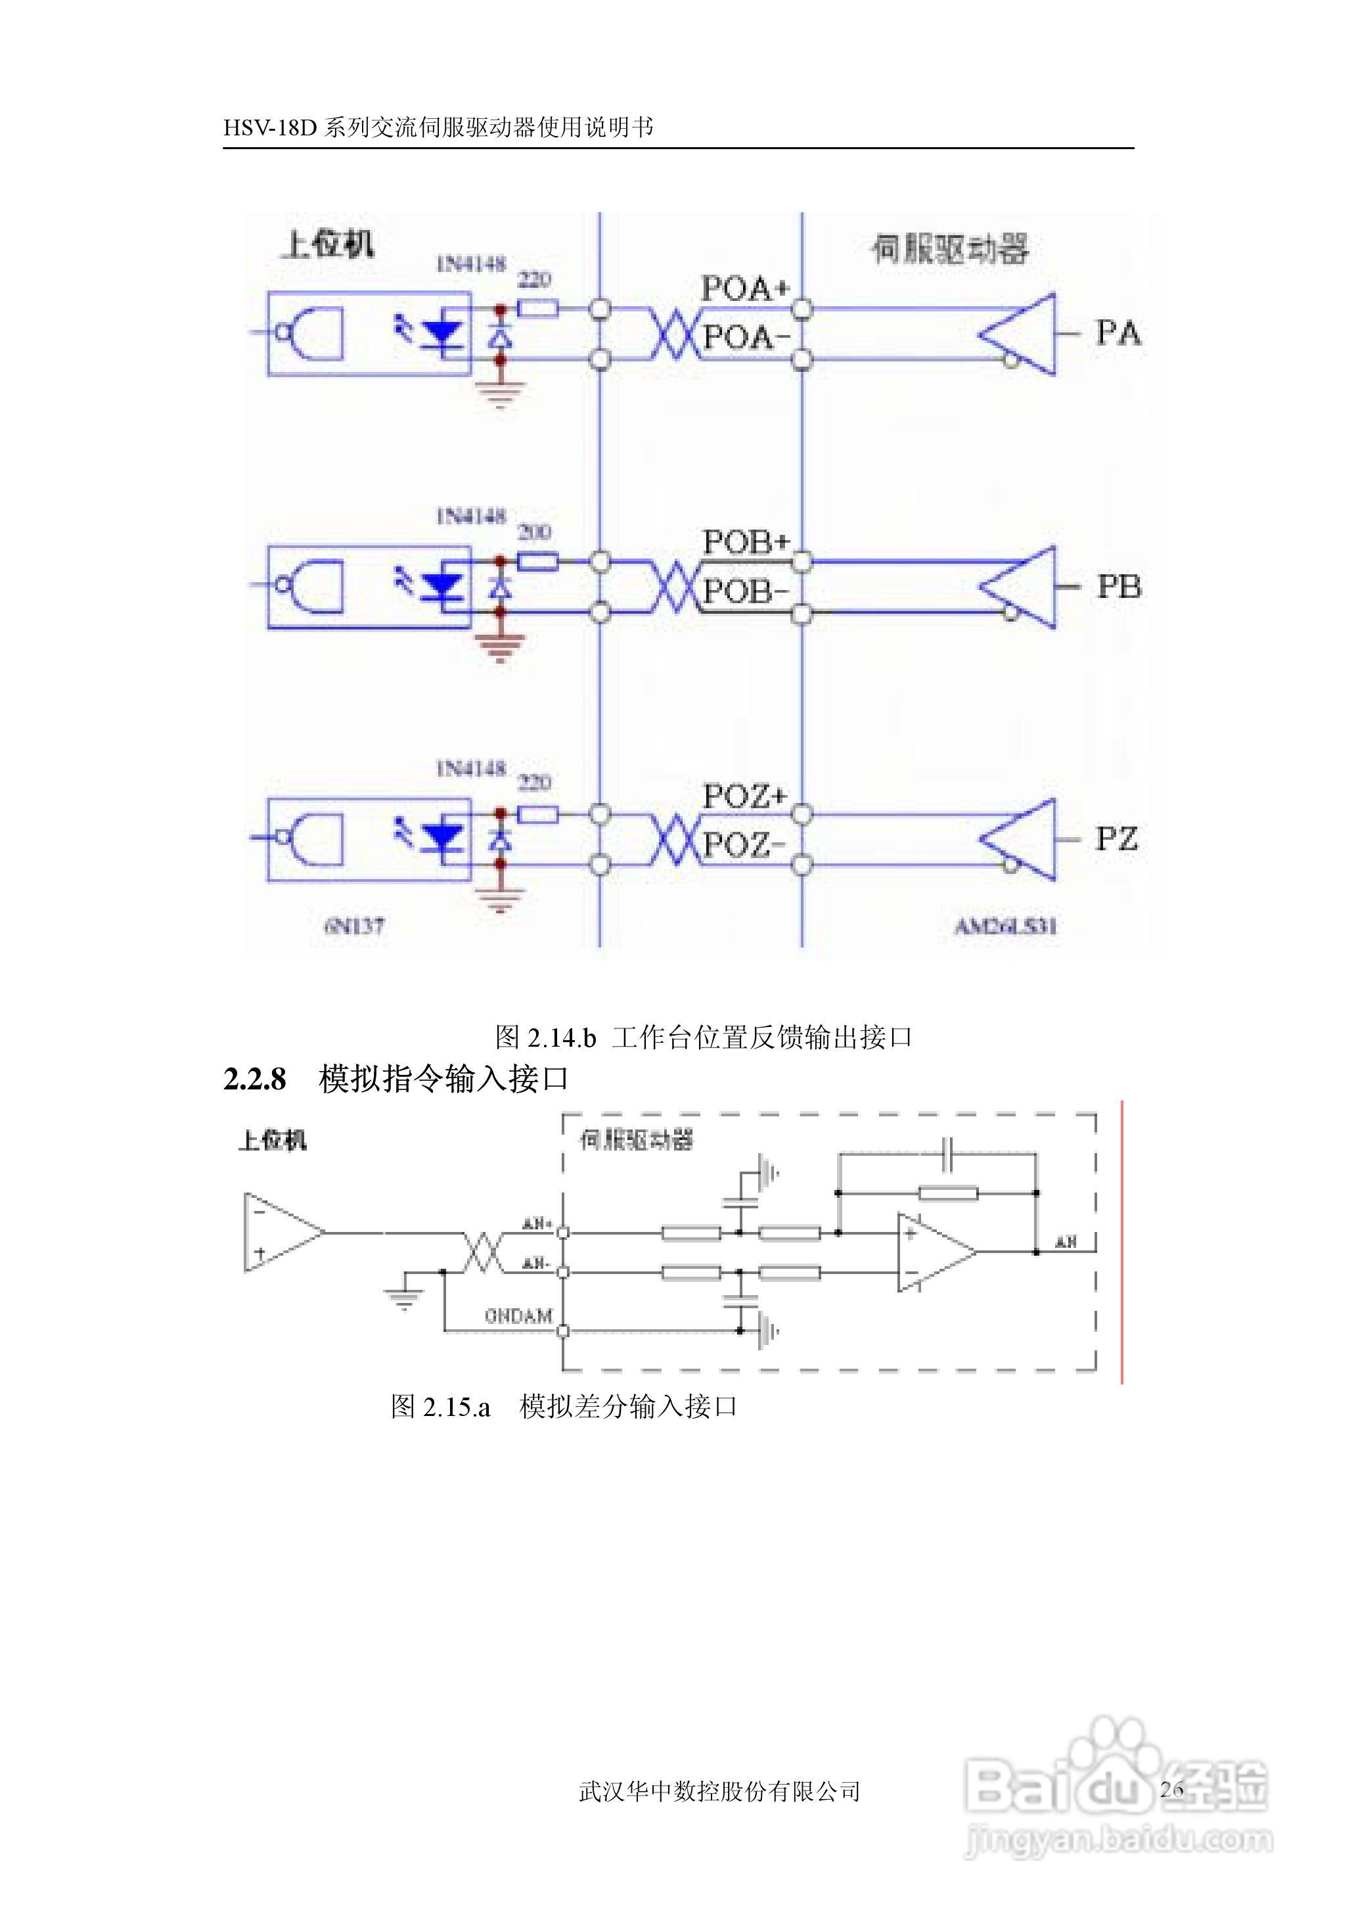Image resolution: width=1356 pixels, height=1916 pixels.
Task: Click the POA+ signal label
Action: point(745,289)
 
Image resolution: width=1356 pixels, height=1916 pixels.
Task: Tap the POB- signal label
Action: point(745,592)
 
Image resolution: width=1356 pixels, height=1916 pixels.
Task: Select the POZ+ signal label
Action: point(745,796)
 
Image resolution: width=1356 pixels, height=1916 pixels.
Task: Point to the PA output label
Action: point(1118,333)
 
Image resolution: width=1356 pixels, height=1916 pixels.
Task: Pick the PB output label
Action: point(1119,587)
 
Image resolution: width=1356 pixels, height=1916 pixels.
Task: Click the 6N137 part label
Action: point(354,926)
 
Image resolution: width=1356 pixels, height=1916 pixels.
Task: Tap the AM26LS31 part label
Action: point(1005,926)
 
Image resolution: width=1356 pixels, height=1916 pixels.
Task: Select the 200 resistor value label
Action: point(534,532)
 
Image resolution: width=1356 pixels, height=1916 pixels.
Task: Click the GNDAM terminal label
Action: point(518,1317)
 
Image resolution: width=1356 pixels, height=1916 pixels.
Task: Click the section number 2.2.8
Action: point(255,1080)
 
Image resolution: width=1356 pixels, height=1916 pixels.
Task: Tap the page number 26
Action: point(1171,1789)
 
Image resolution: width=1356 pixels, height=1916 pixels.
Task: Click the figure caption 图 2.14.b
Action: point(545,1037)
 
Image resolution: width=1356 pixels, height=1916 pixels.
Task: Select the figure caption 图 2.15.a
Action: point(440,1407)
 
